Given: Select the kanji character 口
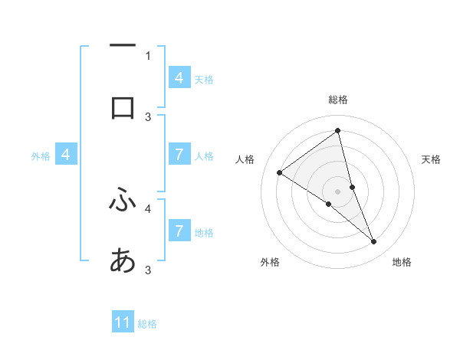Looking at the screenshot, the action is (123, 108).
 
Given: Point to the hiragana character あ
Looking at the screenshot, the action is (123, 261).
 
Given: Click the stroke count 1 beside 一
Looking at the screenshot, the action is (148, 55).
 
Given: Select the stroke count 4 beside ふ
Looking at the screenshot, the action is (148, 207).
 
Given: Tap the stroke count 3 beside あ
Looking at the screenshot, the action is (148, 270).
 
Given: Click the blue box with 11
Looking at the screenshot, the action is (123, 322).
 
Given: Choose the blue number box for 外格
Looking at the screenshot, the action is (66, 155).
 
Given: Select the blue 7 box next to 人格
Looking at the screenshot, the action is (179, 155).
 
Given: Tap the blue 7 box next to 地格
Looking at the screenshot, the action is (179, 231).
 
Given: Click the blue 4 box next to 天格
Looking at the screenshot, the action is (179, 78).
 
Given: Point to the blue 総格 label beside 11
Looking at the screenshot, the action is (147, 324).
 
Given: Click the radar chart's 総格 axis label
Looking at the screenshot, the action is (337, 100).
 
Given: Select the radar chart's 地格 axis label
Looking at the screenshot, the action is (402, 263).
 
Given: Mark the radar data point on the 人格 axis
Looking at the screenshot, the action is (280, 173).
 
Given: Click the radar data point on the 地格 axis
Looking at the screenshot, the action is (374, 242).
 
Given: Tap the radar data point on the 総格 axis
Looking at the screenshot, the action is (337, 131).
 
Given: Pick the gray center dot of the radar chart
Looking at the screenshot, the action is (337, 191).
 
